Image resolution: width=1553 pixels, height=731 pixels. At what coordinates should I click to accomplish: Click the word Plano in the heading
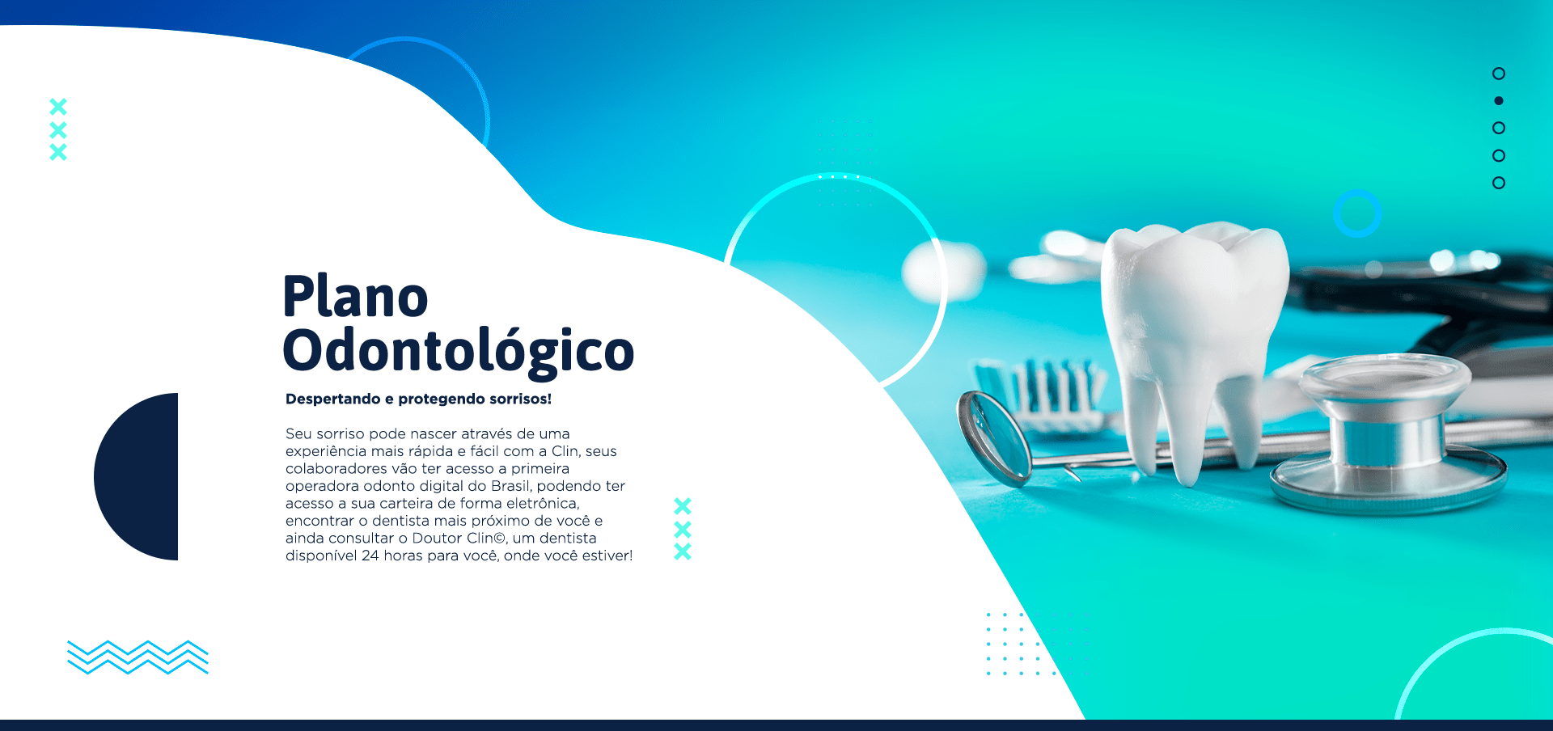point(355,297)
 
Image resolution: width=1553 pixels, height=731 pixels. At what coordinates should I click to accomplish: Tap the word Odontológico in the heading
point(458,351)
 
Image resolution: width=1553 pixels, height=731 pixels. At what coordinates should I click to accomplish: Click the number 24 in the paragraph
point(370,556)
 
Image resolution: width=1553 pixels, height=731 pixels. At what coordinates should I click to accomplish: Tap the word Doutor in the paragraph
point(437,539)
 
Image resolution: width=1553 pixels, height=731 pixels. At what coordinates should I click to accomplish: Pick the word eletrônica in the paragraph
point(542,504)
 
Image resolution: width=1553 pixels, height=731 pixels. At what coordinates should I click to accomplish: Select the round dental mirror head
point(993,437)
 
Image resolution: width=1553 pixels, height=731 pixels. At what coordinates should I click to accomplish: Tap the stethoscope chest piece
point(1386,437)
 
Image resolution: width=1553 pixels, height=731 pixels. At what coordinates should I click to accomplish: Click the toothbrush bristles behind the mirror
point(1043,388)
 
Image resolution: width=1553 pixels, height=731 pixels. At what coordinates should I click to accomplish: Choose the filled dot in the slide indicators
point(1499,101)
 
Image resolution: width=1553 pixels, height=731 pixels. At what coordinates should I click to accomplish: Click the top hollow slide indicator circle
point(1499,74)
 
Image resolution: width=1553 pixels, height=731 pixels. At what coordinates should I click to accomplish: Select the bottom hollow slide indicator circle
point(1499,183)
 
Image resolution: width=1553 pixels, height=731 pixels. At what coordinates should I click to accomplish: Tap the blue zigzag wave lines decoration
point(138,657)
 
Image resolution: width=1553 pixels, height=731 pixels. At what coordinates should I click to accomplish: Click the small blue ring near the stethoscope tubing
point(1357,213)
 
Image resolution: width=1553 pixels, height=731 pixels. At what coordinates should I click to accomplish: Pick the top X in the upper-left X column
point(58,107)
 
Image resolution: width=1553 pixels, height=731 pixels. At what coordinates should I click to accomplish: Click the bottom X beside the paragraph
point(683,552)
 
